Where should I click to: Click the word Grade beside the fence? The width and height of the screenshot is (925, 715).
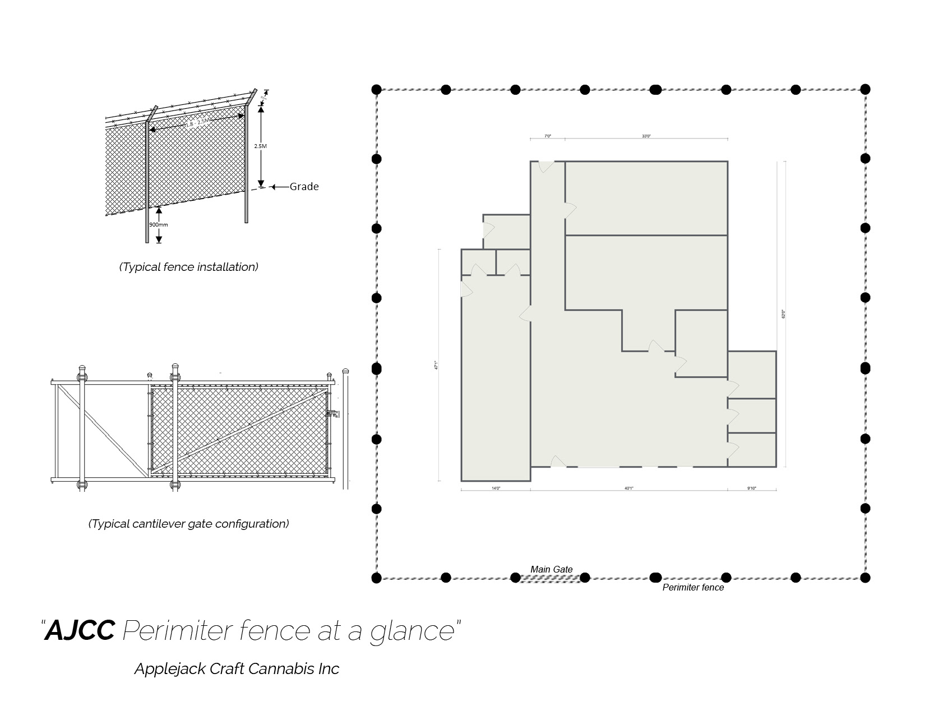click(304, 187)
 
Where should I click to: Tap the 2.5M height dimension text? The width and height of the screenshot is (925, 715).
click(260, 146)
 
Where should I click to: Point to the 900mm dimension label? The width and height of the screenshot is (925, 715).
click(158, 225)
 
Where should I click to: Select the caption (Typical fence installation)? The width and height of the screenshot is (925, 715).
click(188, 267)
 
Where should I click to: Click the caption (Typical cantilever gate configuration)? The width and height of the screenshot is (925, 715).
click(188, 524)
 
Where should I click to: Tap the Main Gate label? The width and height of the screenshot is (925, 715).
click(552, 570)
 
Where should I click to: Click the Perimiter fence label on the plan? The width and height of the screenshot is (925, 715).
click(693, 588)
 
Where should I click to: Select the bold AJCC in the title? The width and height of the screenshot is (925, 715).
click(80, 630)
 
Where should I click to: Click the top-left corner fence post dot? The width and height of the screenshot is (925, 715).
click(377, 90)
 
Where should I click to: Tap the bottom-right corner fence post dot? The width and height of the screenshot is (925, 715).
click(865, 578)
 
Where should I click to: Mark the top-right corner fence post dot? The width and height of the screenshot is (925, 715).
click(865, 89)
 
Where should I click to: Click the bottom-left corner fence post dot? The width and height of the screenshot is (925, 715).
click(377, 578)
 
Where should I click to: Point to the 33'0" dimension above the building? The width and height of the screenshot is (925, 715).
click(646, 136)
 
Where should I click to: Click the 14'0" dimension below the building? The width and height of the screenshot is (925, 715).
click(496, 488)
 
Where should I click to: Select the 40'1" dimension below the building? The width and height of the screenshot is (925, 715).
click(629, 488)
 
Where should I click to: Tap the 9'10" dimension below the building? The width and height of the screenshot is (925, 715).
click(752, 488)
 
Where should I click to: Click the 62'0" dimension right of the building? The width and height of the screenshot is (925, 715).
click(784, 315)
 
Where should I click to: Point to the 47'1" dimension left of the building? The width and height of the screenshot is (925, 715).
click(436, 365)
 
